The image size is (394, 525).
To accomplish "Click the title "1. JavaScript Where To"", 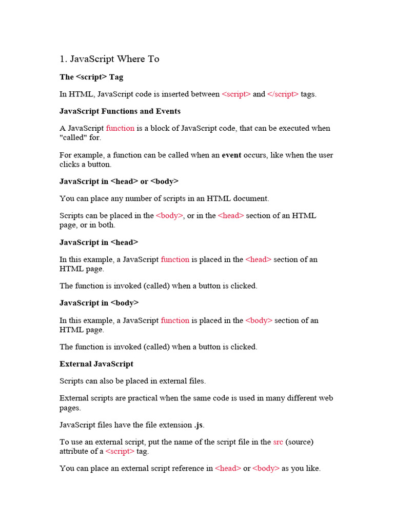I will coord(109,59).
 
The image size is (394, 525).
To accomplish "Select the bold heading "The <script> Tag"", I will coord(91,77).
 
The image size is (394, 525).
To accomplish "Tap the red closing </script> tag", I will coord(283,94).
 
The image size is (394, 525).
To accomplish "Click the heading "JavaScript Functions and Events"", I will coord(120,111).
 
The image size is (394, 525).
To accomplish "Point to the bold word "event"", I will coord(231,155).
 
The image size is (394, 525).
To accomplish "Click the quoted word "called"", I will coord(73,137).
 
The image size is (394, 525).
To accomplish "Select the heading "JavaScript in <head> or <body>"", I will coord(119,181).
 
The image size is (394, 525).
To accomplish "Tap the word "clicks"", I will coord(70,165).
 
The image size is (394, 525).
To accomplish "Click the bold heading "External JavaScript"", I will coord(96,364).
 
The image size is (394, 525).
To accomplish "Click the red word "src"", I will coord(278,441).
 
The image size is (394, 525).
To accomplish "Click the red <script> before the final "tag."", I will coord(120,451).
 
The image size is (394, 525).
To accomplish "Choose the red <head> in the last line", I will coord(228,468).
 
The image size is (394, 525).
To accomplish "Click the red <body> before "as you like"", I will coord(266,468).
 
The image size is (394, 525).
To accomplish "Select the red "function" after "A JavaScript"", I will coord(120,128).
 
